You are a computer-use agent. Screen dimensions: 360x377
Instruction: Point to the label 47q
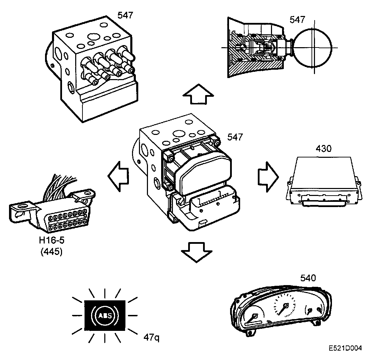point(151,337)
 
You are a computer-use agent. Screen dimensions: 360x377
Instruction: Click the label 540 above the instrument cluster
point(308,278)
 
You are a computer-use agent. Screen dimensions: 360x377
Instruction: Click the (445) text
point(51,252)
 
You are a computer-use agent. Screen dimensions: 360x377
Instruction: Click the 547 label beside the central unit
point(235,137)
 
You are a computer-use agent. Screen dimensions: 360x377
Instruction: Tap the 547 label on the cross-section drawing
point(298,19)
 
